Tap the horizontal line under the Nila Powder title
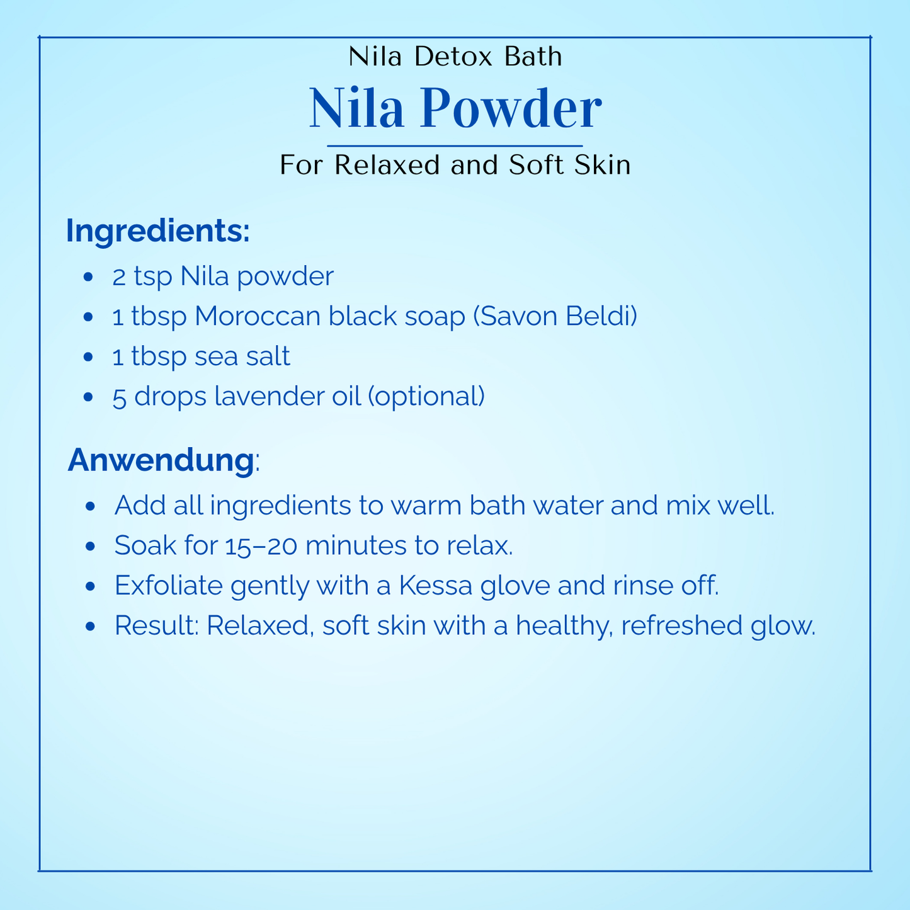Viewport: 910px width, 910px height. [x=455, y=146]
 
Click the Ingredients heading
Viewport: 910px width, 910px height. [x=157, y=231]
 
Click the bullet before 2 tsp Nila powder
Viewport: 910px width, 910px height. [x=89, y=277]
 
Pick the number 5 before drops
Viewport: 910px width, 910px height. [x=119, y=397]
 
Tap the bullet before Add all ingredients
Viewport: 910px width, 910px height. [x=91, y=506]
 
